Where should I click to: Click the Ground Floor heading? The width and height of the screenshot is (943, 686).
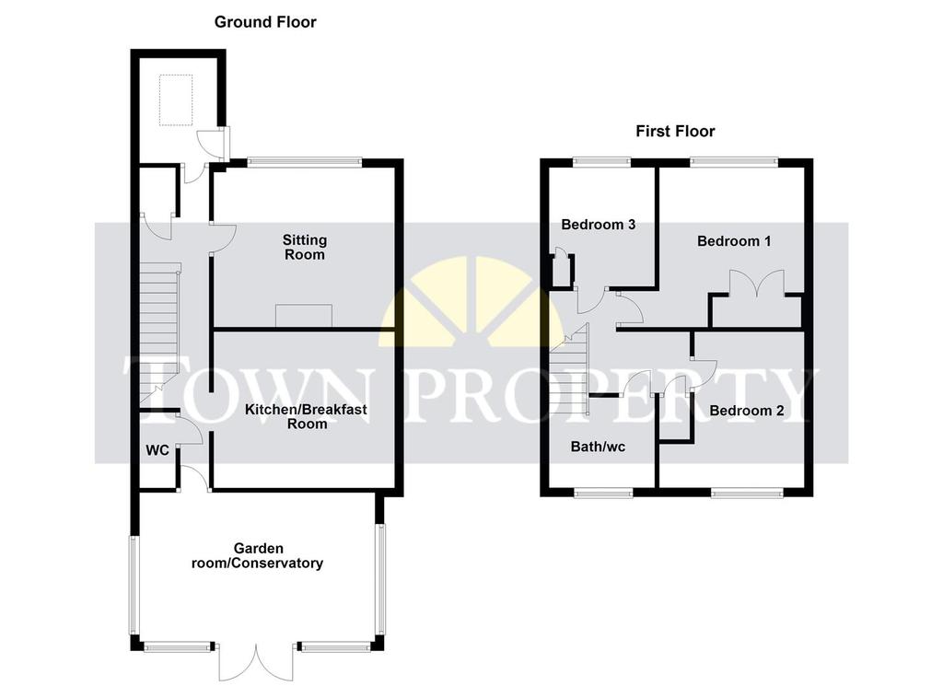265,22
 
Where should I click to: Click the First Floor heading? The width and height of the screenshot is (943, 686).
675,131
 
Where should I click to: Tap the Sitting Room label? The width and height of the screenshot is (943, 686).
305,247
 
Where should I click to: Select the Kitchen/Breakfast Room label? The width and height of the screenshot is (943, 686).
306,416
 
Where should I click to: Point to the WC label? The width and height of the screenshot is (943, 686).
157,449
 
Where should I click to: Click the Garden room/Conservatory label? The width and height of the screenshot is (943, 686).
258,555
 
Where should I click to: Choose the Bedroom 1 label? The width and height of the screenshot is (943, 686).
734,241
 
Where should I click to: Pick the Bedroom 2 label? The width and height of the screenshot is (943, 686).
746,411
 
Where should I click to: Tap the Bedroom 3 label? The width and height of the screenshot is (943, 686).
599,225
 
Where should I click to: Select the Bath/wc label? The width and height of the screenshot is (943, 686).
598,447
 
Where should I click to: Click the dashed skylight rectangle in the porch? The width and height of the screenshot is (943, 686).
176,99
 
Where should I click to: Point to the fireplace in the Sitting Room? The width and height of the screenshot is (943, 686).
304,316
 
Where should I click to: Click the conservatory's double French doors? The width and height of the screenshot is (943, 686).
257,663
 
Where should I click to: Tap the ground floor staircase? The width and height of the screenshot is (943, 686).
160,332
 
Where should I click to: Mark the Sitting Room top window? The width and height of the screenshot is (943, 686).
304,162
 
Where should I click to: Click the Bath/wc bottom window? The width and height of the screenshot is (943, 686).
604,493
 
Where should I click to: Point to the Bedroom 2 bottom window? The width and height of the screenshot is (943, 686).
748,493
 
